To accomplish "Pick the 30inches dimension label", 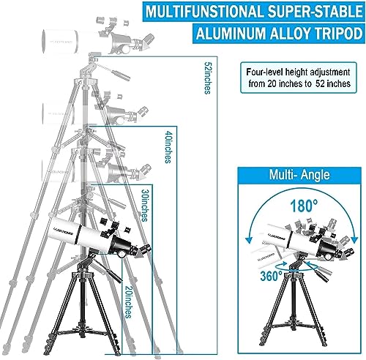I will click(x=143, y=208).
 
